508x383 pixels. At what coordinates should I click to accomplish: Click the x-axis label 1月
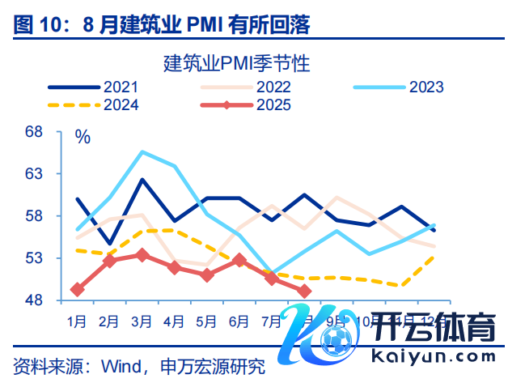coord(78,321)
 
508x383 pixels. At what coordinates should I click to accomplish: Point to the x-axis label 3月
coord(142,321)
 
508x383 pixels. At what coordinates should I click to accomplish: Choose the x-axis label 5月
coord(206,321)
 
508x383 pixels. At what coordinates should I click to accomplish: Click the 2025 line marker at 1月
coord(78,289)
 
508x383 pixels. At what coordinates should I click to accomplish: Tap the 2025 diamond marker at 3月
coord(142,255)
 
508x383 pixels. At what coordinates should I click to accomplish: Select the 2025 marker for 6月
coord(239,260)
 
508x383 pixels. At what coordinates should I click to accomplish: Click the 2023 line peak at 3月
coord(142,151)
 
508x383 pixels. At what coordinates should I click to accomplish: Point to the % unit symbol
coord(83,136)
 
